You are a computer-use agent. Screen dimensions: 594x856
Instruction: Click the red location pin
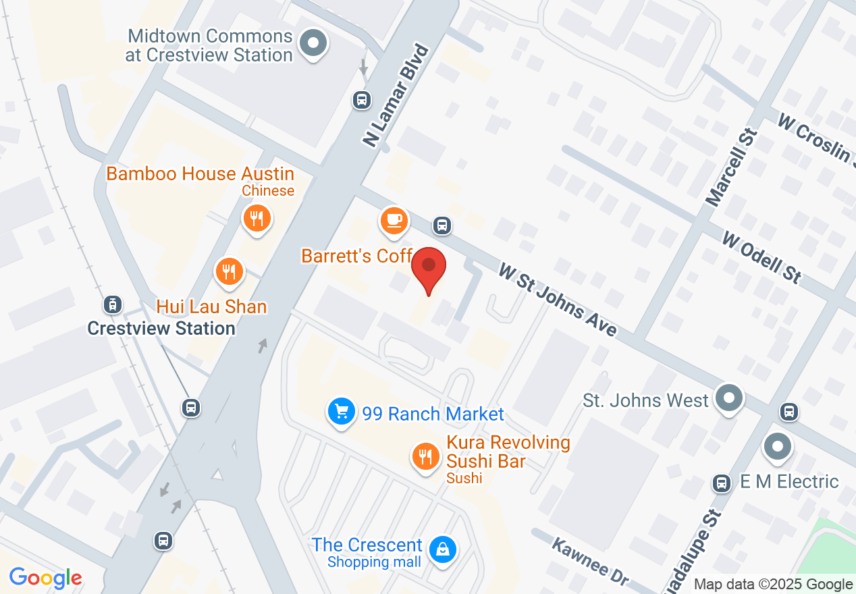[x=429, y=268]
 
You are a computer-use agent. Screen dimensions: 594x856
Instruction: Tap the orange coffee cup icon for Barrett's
[x=394, y=220]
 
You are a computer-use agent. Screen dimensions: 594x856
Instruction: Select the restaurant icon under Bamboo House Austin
[x=257, y=218]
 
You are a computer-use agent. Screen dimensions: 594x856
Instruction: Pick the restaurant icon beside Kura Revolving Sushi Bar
[x=425, y=457]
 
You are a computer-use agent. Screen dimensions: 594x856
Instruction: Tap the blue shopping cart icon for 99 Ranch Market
[x=342, y=411]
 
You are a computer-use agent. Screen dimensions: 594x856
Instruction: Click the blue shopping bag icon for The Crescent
[x=443, y=549]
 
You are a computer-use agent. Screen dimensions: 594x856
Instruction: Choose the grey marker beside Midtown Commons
[x=313, y=45]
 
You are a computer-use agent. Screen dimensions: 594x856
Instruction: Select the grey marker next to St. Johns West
[x=729, y=398]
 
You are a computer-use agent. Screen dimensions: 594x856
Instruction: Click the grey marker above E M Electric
[x=778, y=446]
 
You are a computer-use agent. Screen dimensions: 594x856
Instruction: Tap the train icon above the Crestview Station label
[x=113, y=305]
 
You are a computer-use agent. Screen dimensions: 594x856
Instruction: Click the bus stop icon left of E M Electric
[x=722, y=483]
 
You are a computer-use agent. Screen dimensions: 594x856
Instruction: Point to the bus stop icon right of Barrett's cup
[x=442, y=225]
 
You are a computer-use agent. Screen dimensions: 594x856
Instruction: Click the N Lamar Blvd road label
[x=396, y=95]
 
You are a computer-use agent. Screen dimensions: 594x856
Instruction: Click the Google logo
[x=46, y=578]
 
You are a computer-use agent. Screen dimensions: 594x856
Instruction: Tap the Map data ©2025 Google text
[x=773, y=585]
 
